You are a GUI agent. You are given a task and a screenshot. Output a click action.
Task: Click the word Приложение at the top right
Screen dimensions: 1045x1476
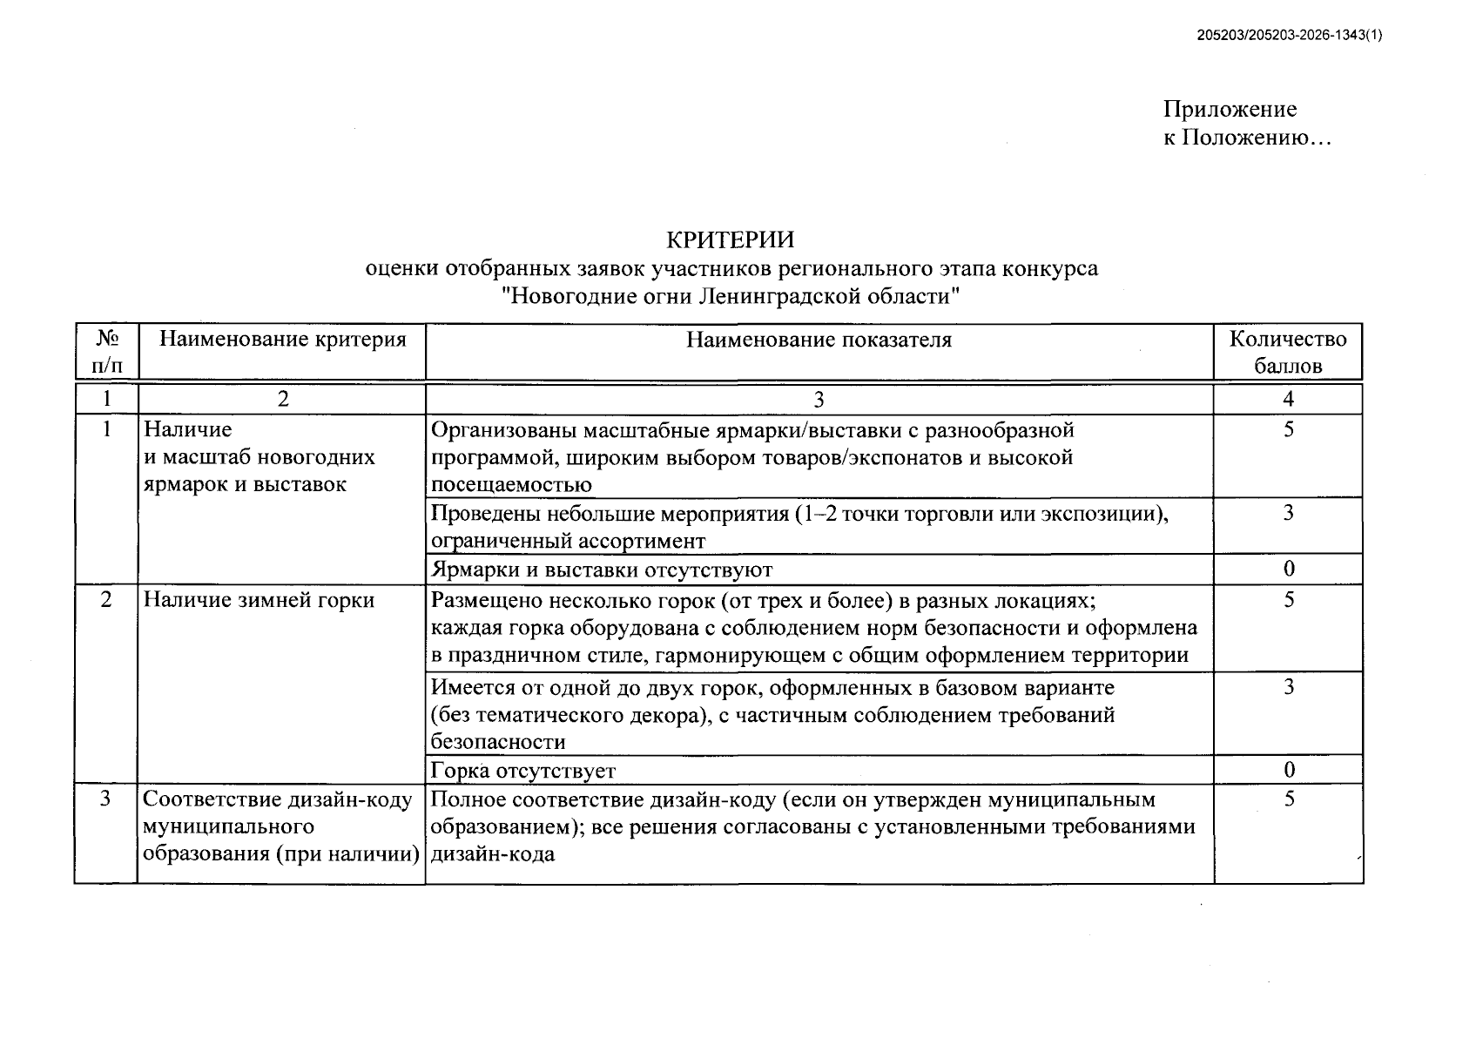1229,110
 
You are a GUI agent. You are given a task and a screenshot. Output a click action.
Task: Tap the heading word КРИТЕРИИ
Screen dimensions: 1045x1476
730,239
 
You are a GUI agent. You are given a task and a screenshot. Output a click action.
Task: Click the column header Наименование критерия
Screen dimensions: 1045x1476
282,340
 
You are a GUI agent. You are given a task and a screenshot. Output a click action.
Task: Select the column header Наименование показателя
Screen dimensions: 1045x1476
819,340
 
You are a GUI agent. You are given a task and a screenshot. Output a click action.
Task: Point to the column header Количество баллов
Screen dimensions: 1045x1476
1287,352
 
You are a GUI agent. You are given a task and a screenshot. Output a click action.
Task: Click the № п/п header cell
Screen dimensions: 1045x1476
105,352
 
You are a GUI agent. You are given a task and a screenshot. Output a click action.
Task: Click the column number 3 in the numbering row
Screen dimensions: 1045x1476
819,400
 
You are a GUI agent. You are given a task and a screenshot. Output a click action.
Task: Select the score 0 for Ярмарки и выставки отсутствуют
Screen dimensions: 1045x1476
1288,570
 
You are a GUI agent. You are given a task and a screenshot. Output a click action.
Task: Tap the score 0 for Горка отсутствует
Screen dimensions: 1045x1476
1288,771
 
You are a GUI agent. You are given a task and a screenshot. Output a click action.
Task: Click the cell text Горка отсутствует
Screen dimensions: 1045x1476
523,771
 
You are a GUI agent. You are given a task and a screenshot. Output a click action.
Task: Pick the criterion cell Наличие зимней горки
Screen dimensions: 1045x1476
259,601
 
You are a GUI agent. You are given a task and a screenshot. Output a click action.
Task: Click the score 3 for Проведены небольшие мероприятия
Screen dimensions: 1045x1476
1288,513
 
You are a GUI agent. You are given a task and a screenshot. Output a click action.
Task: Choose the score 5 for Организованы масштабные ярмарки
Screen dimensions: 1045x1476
1288,430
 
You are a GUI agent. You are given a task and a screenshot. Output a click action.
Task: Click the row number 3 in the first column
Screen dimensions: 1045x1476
105,799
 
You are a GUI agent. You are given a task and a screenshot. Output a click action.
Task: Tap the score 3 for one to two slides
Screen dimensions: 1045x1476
1288,688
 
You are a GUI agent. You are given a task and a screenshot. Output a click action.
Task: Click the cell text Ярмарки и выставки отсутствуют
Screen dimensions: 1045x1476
602,570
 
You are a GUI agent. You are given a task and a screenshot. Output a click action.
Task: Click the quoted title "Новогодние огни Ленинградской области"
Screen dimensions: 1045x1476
731,296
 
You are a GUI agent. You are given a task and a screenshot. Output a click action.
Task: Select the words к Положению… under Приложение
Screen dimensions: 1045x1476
1247,138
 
